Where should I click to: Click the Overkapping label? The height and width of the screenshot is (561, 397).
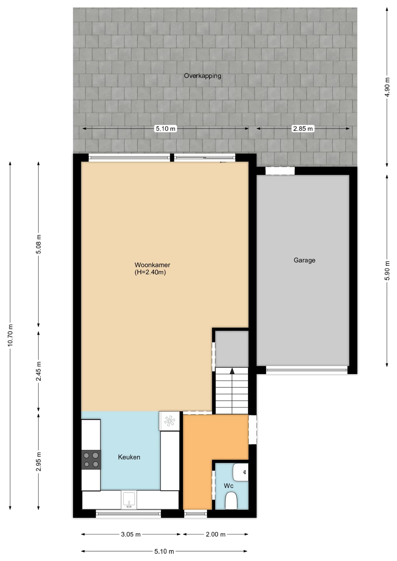pyautogui.click(x=202, y=76)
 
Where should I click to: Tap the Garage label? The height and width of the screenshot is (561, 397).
pyautogui.click(x=304, y=260)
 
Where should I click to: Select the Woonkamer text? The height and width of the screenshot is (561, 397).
pyautogui.click(x=152, y=265)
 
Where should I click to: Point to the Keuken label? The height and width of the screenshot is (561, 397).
pyautogui.click(x=129, y=457)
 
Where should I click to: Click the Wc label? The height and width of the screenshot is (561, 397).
pyautogui.click(x=229, y=486)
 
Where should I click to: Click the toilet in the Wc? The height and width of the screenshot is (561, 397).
pyautogui.click(x=231, y=501)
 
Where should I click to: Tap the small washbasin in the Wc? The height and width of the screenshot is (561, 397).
pyautogui.click(x=241, y=472)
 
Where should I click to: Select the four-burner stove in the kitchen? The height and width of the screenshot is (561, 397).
pyautogui.click(x=91, y=460)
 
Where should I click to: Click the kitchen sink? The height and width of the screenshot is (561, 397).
pyautogui.click(x=129, y=499)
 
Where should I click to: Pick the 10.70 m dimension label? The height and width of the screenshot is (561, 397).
pyautogui.click(x=10, y=335)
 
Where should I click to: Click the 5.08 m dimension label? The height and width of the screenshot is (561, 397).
pyautogui.click(x=39, y=244)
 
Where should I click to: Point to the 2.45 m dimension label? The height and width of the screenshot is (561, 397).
pyautogui.click(x=39, y=371)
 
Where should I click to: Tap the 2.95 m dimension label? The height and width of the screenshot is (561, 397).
pyautogui.click(x=39, y=462)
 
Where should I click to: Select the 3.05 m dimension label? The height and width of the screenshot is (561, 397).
pyautogui.click(x=131, y=534)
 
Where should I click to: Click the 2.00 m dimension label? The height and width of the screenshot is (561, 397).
pyautogui.click(x=215, y=534)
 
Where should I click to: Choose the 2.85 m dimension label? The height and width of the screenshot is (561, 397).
pyautogui.click(x=303, y=129)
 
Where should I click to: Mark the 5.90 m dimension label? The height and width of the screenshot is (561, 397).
pyautogui.click(x=387, y=270)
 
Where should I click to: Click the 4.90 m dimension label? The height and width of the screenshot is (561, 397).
pyautogui.click(x=387, y=87)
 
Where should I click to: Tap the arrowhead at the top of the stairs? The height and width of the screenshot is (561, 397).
pyautogui.click(x=232, y=371)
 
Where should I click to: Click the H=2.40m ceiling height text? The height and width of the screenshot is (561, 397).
pyautogui.click(x=150, y=272)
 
